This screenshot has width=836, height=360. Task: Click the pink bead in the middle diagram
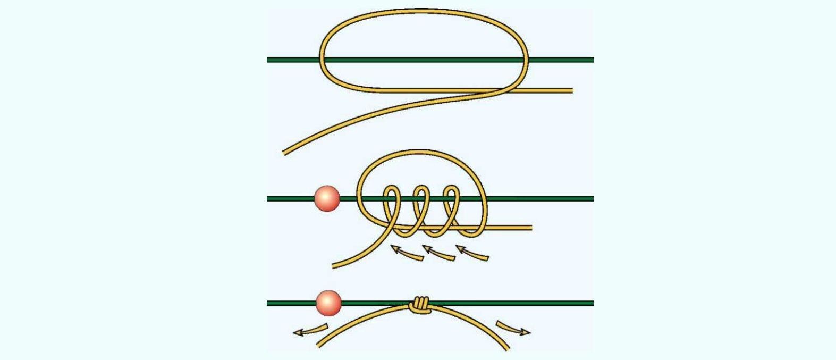[327, 199]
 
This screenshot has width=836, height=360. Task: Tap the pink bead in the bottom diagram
[328, 303]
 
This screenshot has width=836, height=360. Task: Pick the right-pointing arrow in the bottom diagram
[513, 328]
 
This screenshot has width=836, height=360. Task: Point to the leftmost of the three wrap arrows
[407, 253]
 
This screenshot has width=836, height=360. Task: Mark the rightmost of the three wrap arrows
[472, 254]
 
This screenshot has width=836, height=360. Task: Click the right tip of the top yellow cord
[571, 90]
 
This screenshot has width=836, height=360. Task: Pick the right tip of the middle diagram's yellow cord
[530, 228]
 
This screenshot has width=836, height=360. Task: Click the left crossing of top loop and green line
[322, 60]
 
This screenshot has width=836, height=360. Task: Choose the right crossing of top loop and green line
[527, 60]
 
